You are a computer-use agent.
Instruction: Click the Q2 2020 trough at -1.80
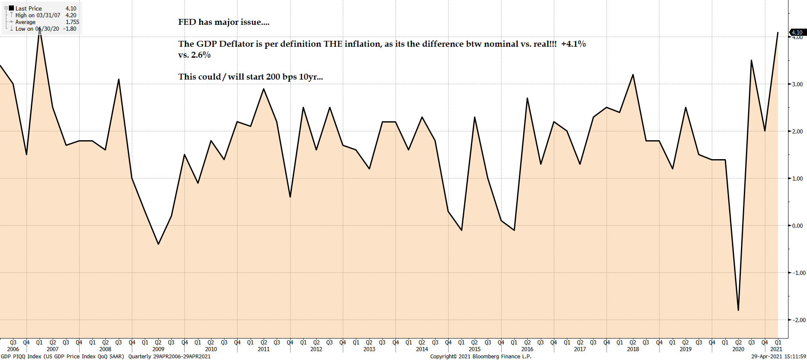click(x=738, y=310)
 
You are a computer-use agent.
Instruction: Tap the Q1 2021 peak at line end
click(x=778, y=32)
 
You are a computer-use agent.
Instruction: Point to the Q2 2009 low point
click(x=158, y=244)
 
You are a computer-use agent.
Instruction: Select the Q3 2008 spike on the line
click(x=119, y=79)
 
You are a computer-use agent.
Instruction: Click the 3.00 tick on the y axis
click(x=797, y=84)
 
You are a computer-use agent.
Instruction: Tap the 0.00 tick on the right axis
click(x=797, y=226)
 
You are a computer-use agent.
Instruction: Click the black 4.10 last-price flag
click(x=797, y=32)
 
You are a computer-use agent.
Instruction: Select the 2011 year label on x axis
click(x=264, y=349)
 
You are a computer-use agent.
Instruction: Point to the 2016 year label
click(x=527, y=349)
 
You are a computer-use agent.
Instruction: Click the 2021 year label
click(x=776, y=349)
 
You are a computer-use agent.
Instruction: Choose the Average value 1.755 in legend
click(x=72, y=22)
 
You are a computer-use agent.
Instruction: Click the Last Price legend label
click(x=29, y=8)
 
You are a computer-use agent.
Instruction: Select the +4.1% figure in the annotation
click(x=573, y=44)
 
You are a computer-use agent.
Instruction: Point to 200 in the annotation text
click(x=273, y=77)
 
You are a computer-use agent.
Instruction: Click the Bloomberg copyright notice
click(x=481, y=357)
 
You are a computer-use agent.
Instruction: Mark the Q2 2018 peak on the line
click(x=633, y=75)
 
